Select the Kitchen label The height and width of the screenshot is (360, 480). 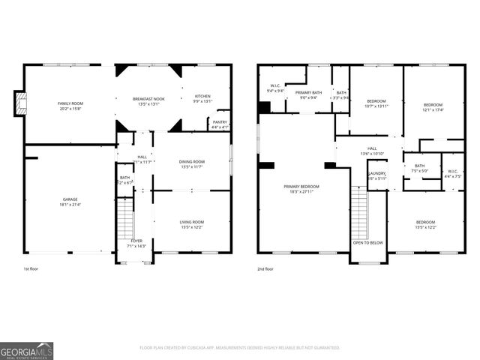pyautogui.click(x=202, y=97)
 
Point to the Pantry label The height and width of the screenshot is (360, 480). pyautogui.click(x=220, y=123)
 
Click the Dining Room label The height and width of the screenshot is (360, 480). pyautogui.click(x=191, y=163)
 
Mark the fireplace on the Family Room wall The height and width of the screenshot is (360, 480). pyautogui.click(x=21, y=103)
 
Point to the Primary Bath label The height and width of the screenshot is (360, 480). pyautogui.click(x=308, y=94)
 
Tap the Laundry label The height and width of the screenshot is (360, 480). pyautogui.click(x=376, y=175)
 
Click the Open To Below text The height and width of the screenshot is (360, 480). pyautogui.click(x=368, y=243)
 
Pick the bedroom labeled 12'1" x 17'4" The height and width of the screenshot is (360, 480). pyautogui.click(x=433, y=107)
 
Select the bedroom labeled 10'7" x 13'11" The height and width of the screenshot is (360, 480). pyautogui.click(x=376, y=103)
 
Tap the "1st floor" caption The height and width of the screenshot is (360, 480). pyautogui.click(x=31, y=268)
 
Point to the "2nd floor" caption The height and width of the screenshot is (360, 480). pyautogui.click(x=265, y=268)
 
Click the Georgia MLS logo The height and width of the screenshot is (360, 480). pyautogui.click(x=27, y=351)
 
